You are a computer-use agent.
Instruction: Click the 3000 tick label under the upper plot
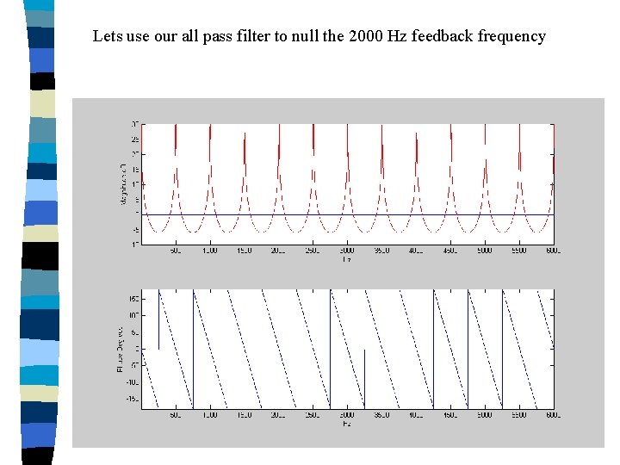pyautogui.click(x=346, y=251)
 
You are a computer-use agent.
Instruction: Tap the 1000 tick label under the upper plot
pyautogui.click(x=209, y=251)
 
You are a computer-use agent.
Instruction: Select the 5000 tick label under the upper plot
pyautogui.click(x=484, y=251)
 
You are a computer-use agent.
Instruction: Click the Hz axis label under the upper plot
pyautogui.click(x=346, y=259)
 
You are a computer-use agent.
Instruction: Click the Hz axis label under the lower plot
pyautogui.click(x=346, y=424)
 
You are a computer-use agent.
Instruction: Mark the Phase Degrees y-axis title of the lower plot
pyautogui.click(x=121, y=348)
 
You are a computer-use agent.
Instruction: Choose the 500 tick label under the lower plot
pyautogui.click(x=176, y=415)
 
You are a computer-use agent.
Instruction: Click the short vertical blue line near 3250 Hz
pyautogui.click(x=365, y=379)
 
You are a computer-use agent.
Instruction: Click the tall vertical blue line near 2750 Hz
pyautogui.click(x=331, y=349)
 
